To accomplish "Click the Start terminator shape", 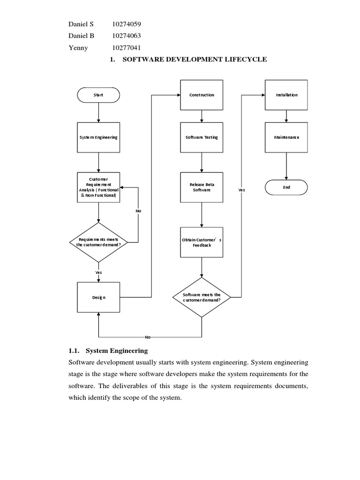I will (x=98, y=95).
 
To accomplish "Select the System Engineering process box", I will (x=98, y=137).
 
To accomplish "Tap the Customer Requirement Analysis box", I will (x=98, y=187).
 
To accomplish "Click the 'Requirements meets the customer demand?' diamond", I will (x=98, y=242).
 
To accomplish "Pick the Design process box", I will (x=98, y=297).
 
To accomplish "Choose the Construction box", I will (x=202, y=95).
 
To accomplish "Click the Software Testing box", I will (x=202, y=137).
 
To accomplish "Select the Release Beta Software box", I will (x=202, y=187).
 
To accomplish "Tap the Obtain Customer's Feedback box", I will (x=202, y=242).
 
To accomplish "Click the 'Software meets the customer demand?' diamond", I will (x=202, y=297).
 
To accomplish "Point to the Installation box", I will (x=286, y=95).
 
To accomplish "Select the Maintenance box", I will (x=286, y=137).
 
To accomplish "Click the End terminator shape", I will (x=286, y=187).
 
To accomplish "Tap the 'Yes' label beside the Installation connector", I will (x=241, y=190).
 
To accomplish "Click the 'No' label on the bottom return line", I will (x=148, y=337).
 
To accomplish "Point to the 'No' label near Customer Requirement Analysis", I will (x=138, y=211).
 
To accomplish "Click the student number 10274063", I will (x=126, y=36).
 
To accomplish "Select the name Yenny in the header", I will (x=78, y=48).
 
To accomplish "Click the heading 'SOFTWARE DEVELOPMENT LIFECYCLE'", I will (x=194, y=60).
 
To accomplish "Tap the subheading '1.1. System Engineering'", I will (x=108, y=350).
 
